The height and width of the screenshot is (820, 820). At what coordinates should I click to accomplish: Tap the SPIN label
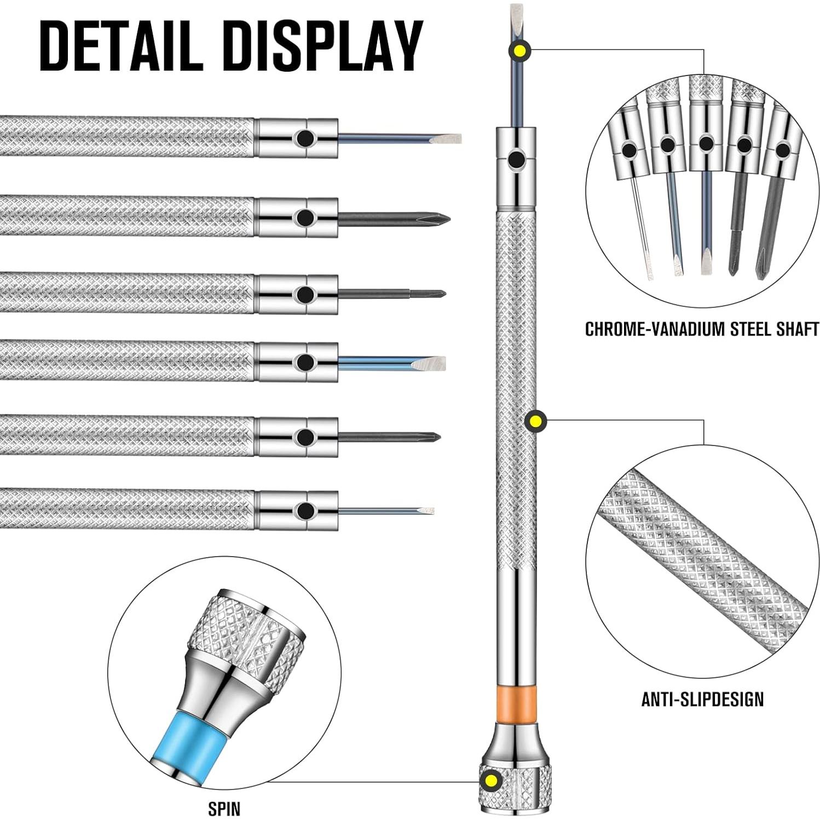click(224, 808)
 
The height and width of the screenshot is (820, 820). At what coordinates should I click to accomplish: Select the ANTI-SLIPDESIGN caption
click(702, 699)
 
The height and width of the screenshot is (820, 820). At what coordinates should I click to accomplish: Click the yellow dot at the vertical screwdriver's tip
click(518, 50)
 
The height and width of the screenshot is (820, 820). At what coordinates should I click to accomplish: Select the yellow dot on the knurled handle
click(535, 421)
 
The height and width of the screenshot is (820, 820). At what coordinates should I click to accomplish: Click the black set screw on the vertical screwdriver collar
click(515, 160)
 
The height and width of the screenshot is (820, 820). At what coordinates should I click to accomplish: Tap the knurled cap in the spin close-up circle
click(246, 635)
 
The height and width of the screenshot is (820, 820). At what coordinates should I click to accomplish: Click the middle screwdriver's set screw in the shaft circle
click(706, 144)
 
